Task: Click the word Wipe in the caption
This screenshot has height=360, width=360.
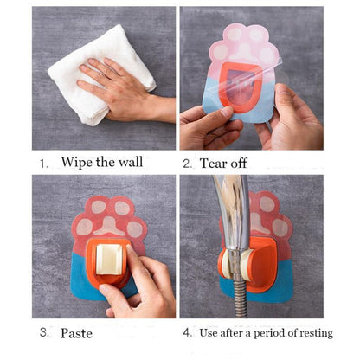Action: [76, 162]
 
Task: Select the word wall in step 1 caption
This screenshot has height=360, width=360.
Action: [131, 162]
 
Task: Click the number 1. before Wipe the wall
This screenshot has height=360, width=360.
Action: [44, 164]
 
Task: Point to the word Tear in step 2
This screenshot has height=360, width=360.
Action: [212, 164]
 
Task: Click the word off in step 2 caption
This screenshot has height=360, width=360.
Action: [237, 164]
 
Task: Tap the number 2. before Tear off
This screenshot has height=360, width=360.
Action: [188, 164]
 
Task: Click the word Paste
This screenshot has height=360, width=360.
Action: [76, 333]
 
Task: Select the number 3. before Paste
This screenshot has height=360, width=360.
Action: [44, 332]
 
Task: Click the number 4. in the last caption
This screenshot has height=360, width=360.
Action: [188, 332]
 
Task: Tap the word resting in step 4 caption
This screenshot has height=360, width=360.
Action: [317, 333]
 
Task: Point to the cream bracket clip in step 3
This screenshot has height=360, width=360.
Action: [109, 260]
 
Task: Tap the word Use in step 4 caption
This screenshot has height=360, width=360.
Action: [209, 333]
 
